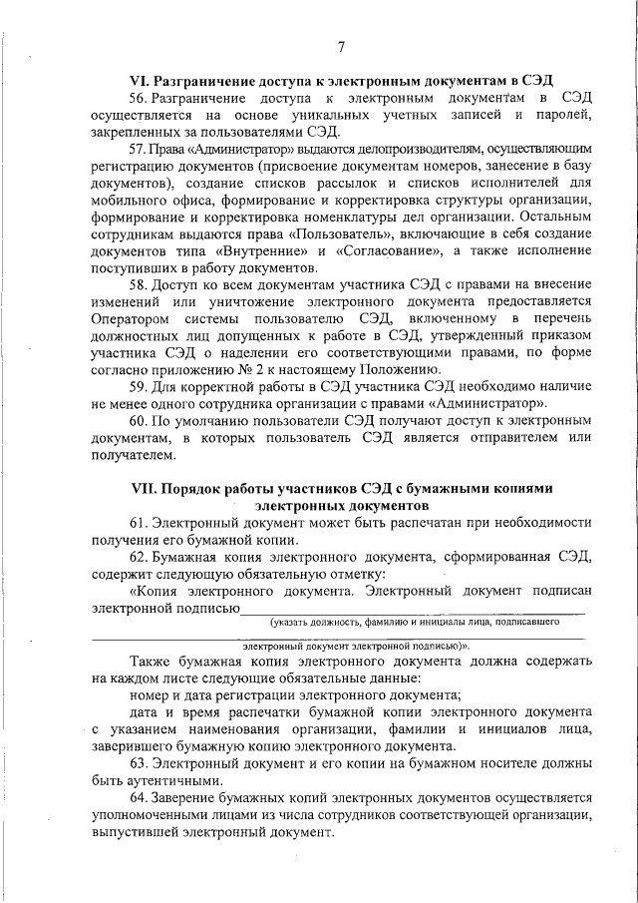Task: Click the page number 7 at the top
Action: pos(341,47)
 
